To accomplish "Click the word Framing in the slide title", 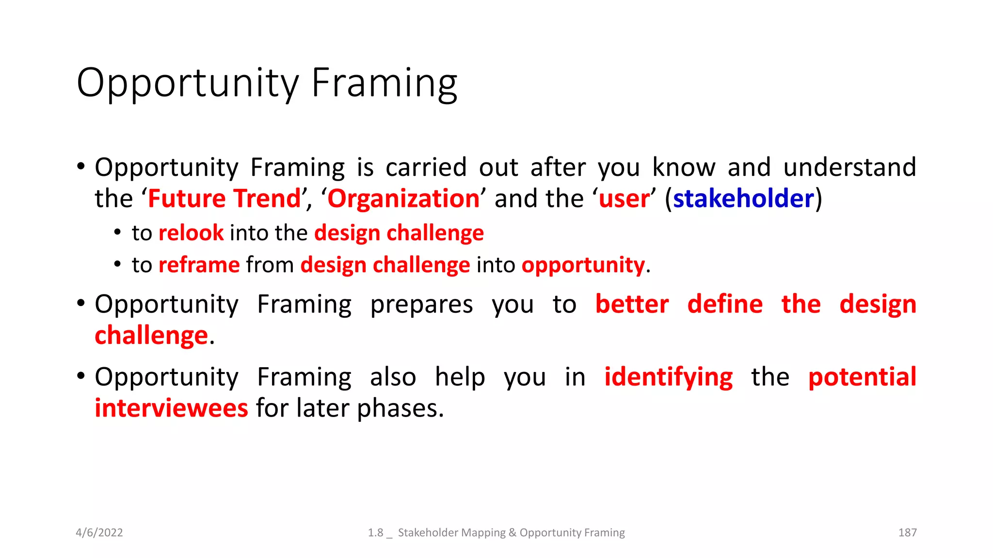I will point(384,83).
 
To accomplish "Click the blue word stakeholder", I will point(743,199).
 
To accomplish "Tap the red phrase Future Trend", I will point(224,199).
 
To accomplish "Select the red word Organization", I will point(403,199).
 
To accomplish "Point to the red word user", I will point(624,199).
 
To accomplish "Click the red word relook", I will point(191,233).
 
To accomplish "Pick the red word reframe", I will point(199,265).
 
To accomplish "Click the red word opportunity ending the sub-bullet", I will point(583,265).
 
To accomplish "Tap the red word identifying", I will point(668,377).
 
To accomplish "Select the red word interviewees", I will point(171,408).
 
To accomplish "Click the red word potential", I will point(862,377).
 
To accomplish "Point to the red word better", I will point(632,304).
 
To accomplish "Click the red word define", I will point(725,304).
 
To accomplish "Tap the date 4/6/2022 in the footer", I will point(99,532).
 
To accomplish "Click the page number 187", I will point(907,532).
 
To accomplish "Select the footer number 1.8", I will point(375,532).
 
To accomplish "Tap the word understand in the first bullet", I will point(849,167).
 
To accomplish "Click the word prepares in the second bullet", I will point(421,305).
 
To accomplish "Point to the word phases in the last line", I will point(400,409).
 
